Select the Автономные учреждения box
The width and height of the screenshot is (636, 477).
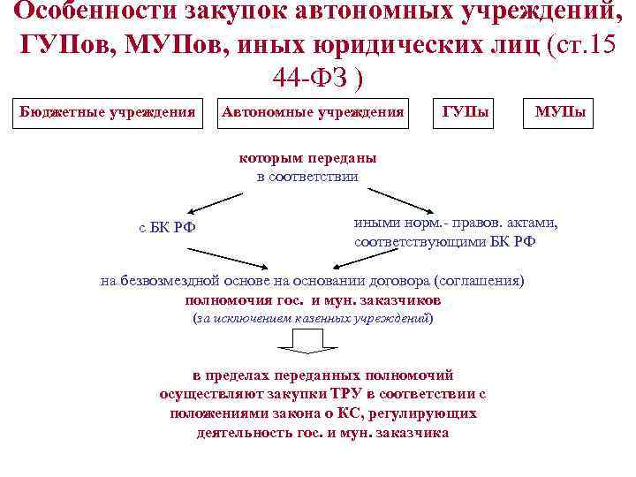click(314, 113)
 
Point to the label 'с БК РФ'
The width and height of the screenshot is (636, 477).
click(167, 227)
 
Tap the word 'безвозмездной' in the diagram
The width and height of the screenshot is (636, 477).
click(164, 281)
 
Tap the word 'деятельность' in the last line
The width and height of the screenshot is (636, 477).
click(241, 433)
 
